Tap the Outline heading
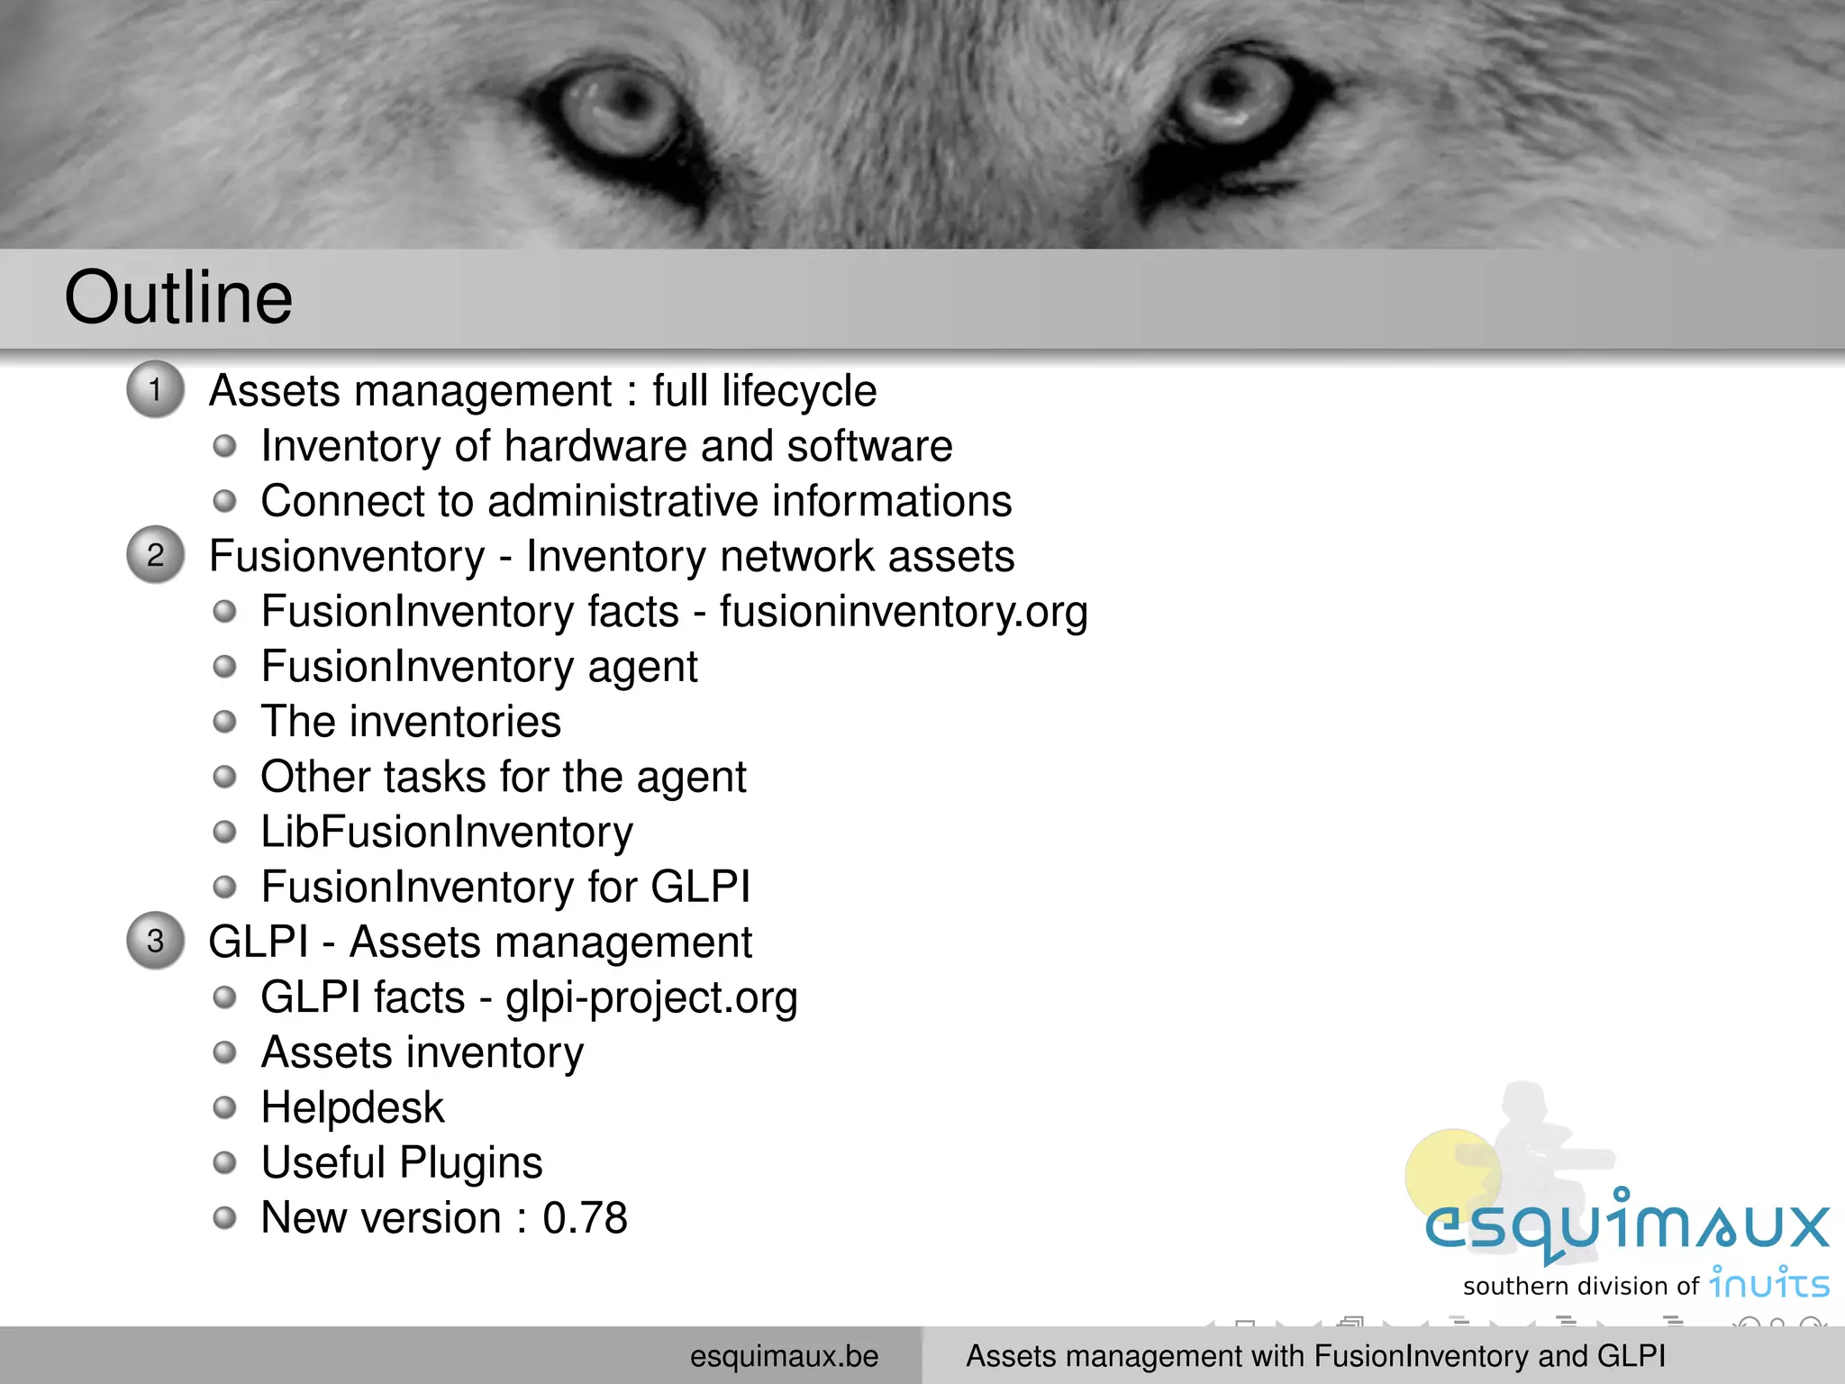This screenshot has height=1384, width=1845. pos(178,297)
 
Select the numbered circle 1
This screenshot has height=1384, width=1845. pos(155,389)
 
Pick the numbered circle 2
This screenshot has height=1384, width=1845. pos(155,554)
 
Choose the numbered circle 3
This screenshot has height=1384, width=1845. pos(155,941)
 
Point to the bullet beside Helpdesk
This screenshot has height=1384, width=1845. pos(224,1107)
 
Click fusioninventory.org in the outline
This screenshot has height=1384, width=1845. pos(903,612)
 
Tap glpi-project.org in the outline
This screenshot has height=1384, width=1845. pos(651,997)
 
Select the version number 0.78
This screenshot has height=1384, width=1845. pos(585,1218)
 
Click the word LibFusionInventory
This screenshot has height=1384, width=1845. pos(447,832)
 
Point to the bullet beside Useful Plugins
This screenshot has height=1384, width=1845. pos(224,1162)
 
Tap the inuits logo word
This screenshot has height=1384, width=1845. pos(1769,1283)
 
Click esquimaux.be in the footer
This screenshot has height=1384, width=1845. pos(784,1356)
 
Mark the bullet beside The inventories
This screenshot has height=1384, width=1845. pos(224,722)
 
